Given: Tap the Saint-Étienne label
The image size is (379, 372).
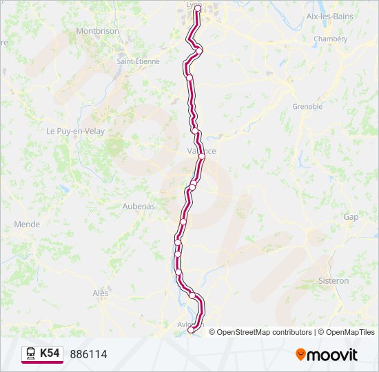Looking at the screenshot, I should tap(138, 61).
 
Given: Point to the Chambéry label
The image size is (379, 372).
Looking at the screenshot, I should tap(331, 39).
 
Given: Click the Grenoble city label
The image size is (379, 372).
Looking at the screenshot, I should tap(307, 107).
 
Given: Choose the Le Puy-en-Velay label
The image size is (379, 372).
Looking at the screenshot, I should tap(75, 131).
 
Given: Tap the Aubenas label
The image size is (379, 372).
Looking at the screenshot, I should tap(139, 206).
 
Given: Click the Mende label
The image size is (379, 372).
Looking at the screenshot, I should tap(27, 225).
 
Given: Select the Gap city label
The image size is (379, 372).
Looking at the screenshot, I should tap(351, 217).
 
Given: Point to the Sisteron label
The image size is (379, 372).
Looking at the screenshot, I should tap(334, 281).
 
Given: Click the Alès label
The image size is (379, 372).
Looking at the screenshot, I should tap(101, 293).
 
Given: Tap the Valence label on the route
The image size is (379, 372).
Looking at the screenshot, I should tap(202, 152).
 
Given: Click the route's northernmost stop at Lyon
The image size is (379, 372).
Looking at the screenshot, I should tap(198, 8).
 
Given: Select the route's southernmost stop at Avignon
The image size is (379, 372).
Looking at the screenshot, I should tap(192, 330).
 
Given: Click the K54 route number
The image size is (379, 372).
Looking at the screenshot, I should tap(50, 353).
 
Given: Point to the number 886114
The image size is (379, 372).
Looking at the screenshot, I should tap(88, 354).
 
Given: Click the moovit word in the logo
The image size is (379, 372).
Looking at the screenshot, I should tap(333, 355).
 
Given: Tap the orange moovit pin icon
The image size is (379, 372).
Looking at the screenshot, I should tap(301, 355).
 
